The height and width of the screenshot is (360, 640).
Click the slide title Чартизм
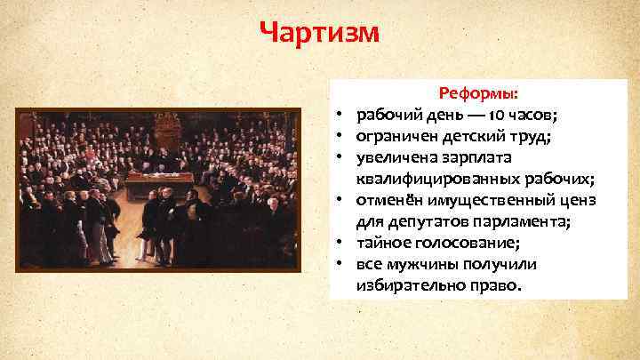(x=319, y=33)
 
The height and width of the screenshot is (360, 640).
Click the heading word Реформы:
(x=480, y=93)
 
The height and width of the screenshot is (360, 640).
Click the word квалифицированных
(x=428, y=179)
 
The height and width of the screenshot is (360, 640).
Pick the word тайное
(x=381, y=243)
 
